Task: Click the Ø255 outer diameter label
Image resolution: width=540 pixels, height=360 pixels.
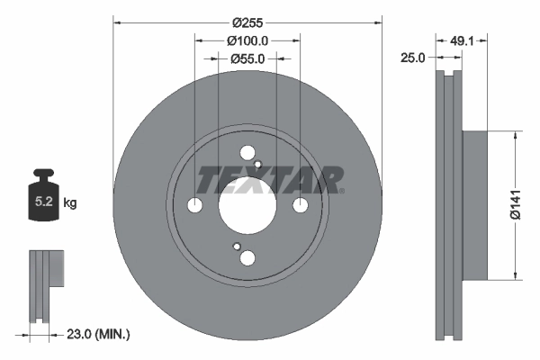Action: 247,21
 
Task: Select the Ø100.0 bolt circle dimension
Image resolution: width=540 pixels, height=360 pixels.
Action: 247,40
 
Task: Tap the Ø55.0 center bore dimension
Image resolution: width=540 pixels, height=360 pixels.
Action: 247,58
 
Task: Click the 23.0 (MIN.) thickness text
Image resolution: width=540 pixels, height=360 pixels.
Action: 99,335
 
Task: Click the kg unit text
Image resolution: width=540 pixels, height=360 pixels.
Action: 70,203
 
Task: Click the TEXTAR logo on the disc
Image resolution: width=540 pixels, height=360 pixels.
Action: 270,181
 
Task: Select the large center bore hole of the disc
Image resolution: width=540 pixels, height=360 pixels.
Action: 247,206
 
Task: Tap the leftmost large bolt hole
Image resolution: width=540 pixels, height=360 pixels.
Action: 195,206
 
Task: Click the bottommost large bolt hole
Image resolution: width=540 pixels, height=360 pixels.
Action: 247,258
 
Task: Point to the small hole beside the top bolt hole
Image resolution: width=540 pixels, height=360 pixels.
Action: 258,165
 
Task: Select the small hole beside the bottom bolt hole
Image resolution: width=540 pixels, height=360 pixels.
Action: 236,247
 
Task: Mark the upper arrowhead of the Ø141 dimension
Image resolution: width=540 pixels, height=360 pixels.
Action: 514,136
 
